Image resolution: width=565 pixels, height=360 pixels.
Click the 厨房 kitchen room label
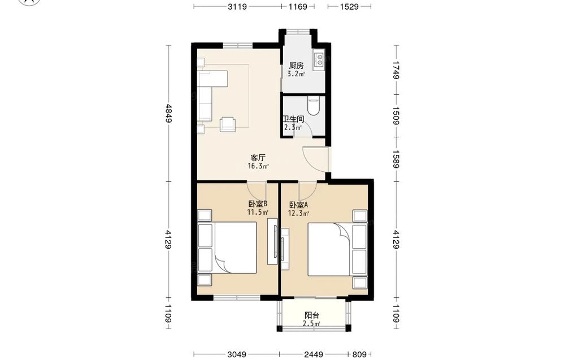pyautogui.click(x=296, y=66)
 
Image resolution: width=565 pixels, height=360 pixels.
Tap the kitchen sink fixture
pyautogui.click(x=319, y=60)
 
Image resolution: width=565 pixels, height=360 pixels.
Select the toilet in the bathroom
pyautogui.click(x=314, y=106)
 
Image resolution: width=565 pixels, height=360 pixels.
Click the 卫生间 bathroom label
pyautogui.click(x=293, y=119)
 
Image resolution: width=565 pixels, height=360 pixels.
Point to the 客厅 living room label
pyautogui.click(x=258, y=158)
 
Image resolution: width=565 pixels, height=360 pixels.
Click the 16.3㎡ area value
pyautogui.click(x=258, y=166)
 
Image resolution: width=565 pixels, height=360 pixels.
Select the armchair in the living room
pyautogui.click(x=228, y=124)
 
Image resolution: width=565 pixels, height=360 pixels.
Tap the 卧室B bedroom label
pyautogui.click(x=258, y=203)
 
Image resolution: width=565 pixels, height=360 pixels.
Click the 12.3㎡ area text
pyautogui.click(x=298, y=213)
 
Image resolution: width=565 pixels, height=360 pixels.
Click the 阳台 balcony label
pyautogui.click(x=312, y=315)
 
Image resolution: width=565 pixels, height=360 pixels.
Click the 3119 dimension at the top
pyautogui.click(x=237, y=6)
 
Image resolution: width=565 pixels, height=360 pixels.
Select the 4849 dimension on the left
pyautogui.click(x=168, y=113)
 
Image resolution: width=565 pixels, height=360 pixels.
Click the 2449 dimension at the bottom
pyautogui.click(x=313, y=354)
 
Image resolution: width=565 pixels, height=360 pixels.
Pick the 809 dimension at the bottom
pyautogui.click(x=359, y=354)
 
